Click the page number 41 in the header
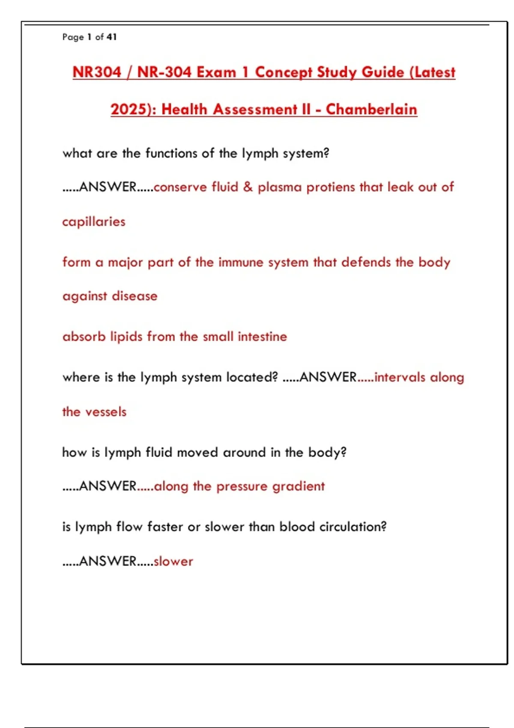(x=112, y=37)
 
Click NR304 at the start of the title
(x=97, y=72)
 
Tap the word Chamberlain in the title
(x=371, y=109)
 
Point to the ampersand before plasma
(x=248, y=187)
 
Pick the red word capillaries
(x=94, y=221)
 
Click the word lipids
(x=126, y=337)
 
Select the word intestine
(x=262, y=337)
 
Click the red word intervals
(x=400, y=377)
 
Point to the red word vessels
(x=105, y=412)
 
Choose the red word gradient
(x=299, y=486)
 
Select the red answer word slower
(x=173, y=561)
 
